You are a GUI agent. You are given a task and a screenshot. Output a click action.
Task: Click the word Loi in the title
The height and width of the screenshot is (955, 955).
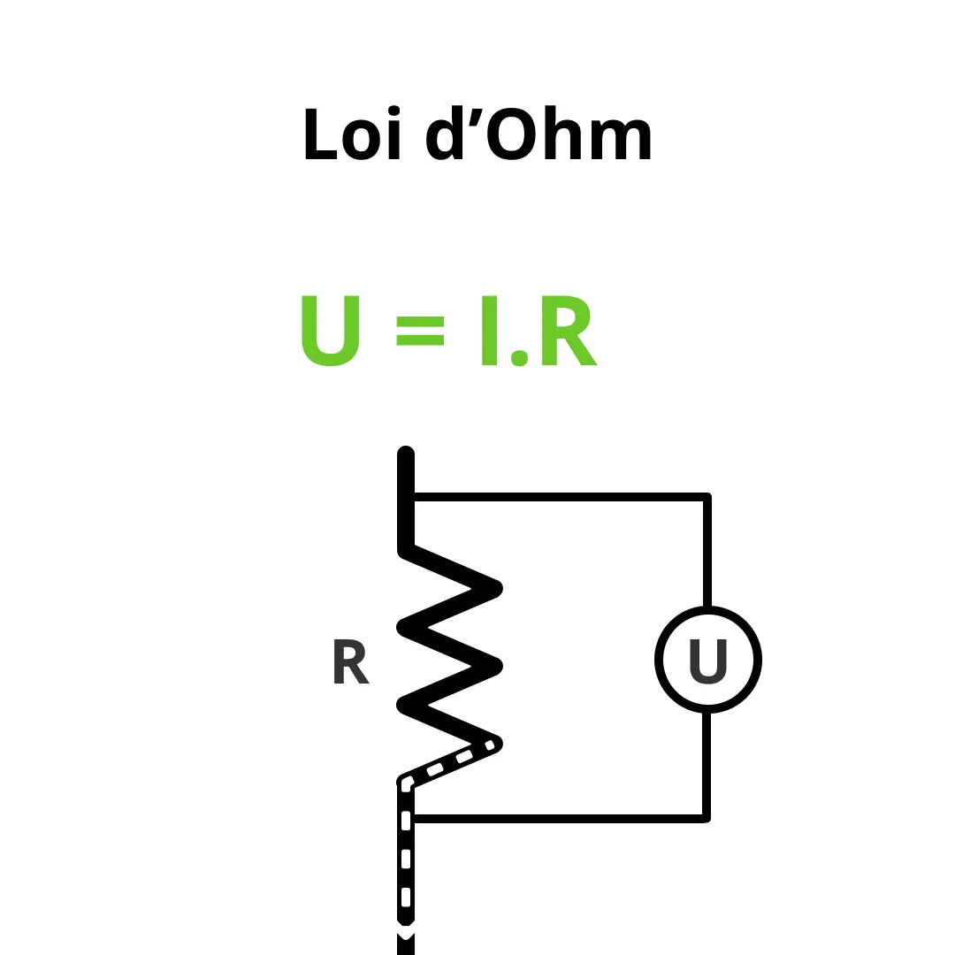[x=353, y=133]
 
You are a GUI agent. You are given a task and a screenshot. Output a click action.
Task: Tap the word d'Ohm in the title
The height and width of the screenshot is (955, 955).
[x=539, y=132]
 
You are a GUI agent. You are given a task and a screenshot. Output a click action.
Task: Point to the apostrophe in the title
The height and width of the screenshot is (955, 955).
[x=476, y=117]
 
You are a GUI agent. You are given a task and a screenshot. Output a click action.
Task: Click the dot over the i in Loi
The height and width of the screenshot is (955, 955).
[x=394, y=111]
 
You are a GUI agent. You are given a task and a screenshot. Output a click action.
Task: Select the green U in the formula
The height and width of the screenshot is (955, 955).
[x=331, y=331]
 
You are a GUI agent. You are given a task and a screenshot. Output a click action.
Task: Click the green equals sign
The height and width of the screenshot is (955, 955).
[x=420, y=331]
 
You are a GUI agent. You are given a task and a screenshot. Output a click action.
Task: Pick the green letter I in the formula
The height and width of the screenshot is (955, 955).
[x=490, y=331]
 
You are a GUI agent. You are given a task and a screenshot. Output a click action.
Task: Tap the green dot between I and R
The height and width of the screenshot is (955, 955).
[x=519, y=357]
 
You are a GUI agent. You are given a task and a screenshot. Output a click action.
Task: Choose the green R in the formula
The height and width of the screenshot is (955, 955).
[x=569, y=331]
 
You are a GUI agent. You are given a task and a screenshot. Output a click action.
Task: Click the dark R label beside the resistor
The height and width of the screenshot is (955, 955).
[x=351, y=661]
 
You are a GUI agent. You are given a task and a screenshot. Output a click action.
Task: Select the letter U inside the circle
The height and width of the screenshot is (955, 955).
[x=708, y=661]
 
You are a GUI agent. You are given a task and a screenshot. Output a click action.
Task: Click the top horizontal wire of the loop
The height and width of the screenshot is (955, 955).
[x=559, y=497]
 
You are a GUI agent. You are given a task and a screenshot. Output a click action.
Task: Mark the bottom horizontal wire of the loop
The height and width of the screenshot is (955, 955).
[x=559, y=819]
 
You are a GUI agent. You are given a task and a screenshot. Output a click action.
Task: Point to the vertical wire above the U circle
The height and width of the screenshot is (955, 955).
[x=707, y=554]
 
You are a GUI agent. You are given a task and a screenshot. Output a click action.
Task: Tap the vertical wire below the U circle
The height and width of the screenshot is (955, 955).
[x=707, y=764]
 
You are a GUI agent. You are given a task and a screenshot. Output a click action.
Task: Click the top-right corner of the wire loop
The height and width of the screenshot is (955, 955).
[x=707, y=496]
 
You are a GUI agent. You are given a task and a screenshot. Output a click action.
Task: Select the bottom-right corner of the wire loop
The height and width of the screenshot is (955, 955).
[x=707, y=819]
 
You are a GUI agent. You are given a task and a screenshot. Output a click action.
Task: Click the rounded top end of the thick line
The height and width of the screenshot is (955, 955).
[x=406, y=452]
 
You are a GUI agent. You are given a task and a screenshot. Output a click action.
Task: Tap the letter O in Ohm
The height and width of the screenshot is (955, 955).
[x=512, y=134]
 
